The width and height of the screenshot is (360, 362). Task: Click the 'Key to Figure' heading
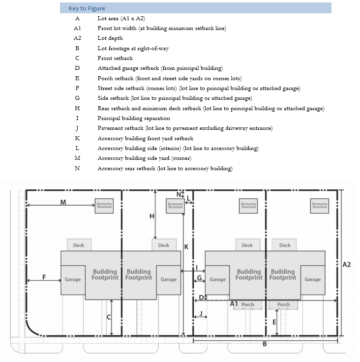(87, 8)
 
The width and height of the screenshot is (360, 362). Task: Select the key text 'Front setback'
(115, 58)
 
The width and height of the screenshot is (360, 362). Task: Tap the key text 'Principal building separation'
(134, 118)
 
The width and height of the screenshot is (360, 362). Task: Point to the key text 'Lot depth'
(110, 38)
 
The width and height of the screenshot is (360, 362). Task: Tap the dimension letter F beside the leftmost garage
(44, 277)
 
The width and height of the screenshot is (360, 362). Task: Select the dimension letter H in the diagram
(151, 216)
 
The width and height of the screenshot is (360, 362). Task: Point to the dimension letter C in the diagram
(109, 317)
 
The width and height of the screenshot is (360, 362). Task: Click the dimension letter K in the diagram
(186, 246)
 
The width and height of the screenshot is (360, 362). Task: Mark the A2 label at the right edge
(347, 265)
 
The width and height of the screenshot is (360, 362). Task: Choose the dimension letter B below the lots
(265, 344)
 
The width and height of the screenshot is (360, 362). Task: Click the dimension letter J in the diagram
(201, 313)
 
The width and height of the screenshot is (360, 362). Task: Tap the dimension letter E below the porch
(274, 321)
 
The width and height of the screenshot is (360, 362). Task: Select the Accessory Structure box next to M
(104, 206)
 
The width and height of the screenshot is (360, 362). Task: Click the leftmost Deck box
(79, 245)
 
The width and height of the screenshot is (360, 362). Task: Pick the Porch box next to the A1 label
(248, 304)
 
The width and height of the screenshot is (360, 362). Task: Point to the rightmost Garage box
(312, 279)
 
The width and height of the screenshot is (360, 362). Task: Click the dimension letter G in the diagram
(199, 278)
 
